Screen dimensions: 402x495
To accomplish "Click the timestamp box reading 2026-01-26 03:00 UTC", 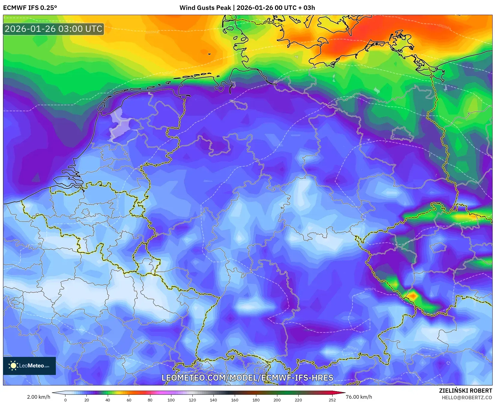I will click(53, 29).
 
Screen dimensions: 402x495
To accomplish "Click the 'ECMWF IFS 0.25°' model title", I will click(30, 8).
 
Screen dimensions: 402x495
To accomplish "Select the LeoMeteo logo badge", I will click(29, 366).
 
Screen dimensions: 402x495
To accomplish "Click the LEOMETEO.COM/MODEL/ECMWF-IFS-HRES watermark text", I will click(247, 378).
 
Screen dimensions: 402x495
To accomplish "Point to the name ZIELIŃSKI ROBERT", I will click(465, 391).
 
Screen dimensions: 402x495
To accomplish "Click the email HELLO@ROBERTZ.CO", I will click(466, 397).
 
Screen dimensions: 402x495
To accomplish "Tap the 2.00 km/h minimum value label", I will click(39, 397).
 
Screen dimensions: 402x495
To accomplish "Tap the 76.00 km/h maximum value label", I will click(359, 397).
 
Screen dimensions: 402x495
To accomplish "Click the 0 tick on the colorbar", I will click(65, 400).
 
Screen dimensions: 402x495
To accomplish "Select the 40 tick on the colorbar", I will click(108, 400).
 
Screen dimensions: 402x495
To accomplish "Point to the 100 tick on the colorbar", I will click(171, 400).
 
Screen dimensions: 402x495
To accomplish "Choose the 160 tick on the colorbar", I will click(235, 400).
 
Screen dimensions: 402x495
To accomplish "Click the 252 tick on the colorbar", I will click(332, 400).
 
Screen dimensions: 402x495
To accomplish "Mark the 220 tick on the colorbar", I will click(298, 400).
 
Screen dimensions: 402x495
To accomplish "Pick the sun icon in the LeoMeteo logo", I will click(14, 366).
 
